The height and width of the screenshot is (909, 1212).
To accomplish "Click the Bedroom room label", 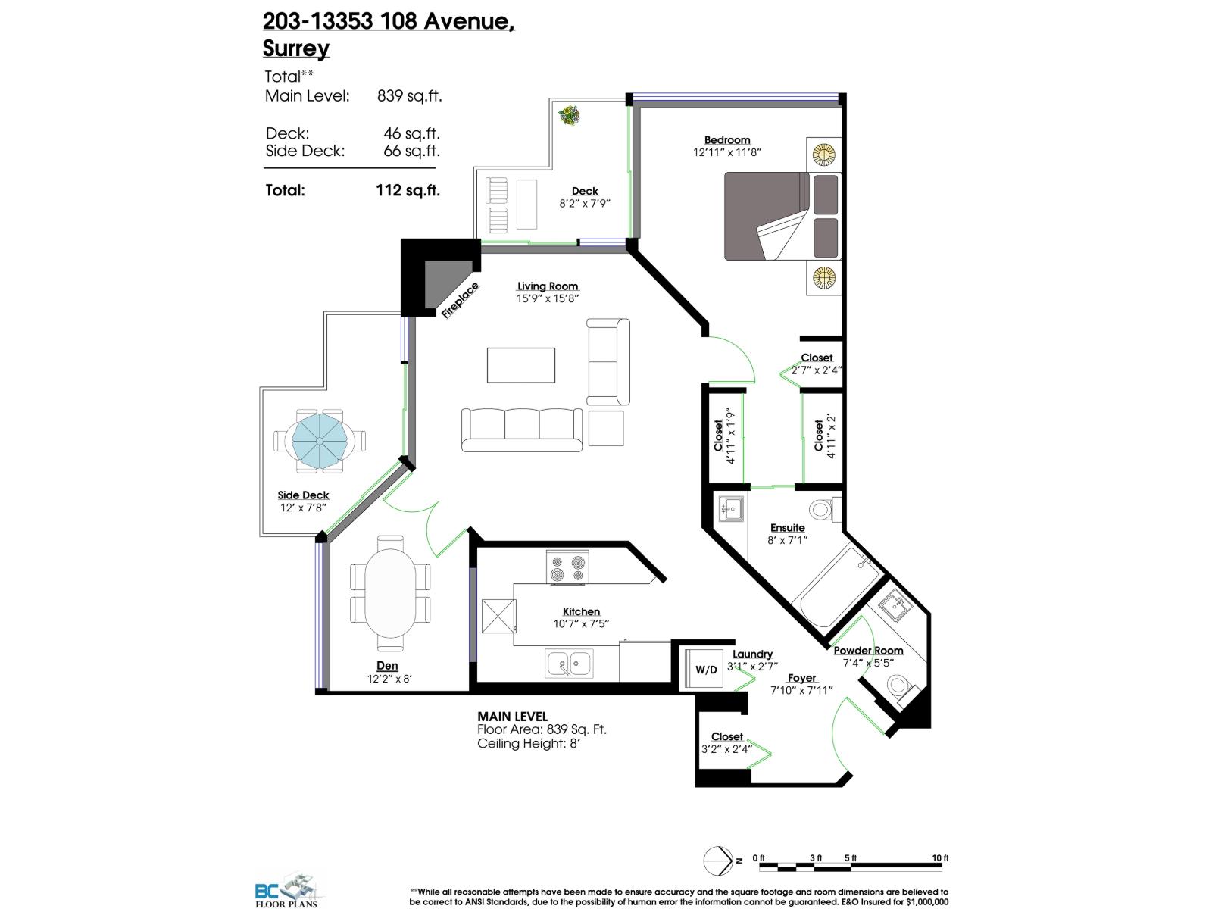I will tap(727, 140).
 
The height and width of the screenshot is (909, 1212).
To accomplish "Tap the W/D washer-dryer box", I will tap(706, 670).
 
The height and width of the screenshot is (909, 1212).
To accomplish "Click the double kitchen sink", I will tap(570, 664).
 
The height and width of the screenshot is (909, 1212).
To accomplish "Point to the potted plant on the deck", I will tap(569, 116).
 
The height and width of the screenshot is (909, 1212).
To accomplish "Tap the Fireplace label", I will tap(461, 301).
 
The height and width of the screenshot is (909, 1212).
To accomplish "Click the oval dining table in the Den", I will tap(390, 593).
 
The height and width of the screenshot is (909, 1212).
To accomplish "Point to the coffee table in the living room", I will tap(521, 364).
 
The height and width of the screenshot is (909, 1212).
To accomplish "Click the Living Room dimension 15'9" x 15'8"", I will tap(548, 298).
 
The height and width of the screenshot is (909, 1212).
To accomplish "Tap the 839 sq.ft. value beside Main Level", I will tap(409, 96).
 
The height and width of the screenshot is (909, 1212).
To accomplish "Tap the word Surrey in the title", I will tap(296, 48).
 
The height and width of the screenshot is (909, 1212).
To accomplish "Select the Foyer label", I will tap(801, 678).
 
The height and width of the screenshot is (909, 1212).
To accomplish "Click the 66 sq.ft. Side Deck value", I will tap(411, 151).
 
